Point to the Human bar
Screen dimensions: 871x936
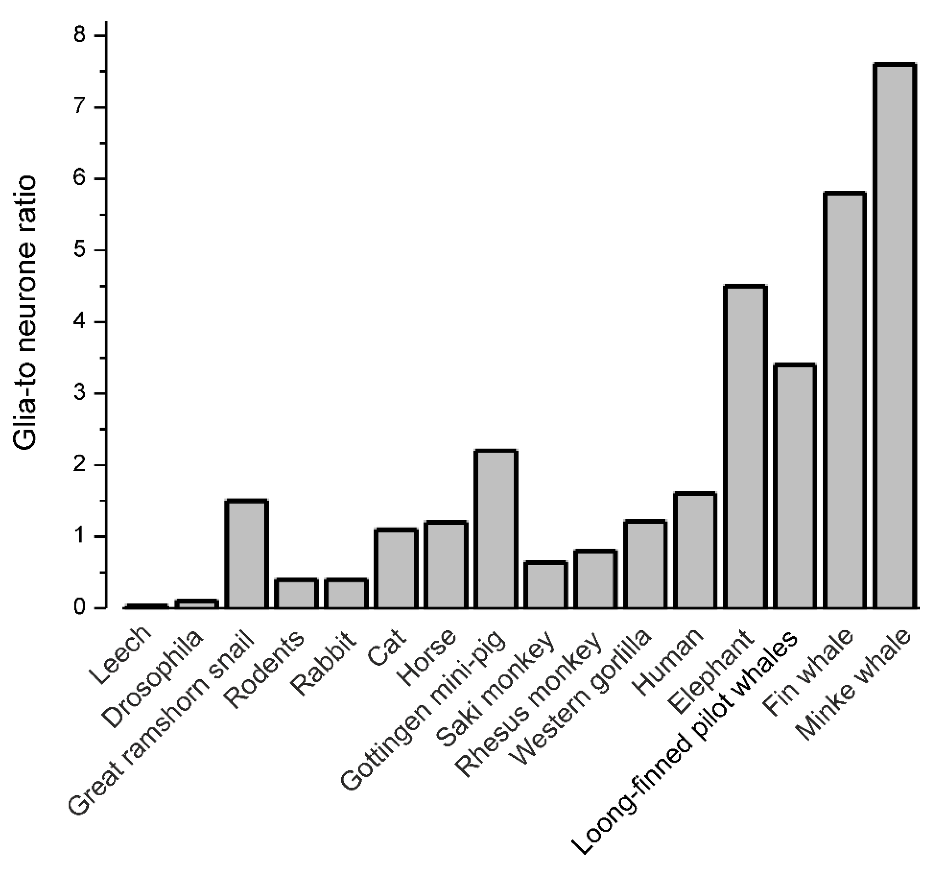(695, 550)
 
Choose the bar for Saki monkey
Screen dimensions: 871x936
(546, 585)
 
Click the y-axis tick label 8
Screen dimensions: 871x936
(85, 36)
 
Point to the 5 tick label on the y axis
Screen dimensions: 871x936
(85, 251)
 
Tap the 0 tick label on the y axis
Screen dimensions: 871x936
(85, 608)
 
